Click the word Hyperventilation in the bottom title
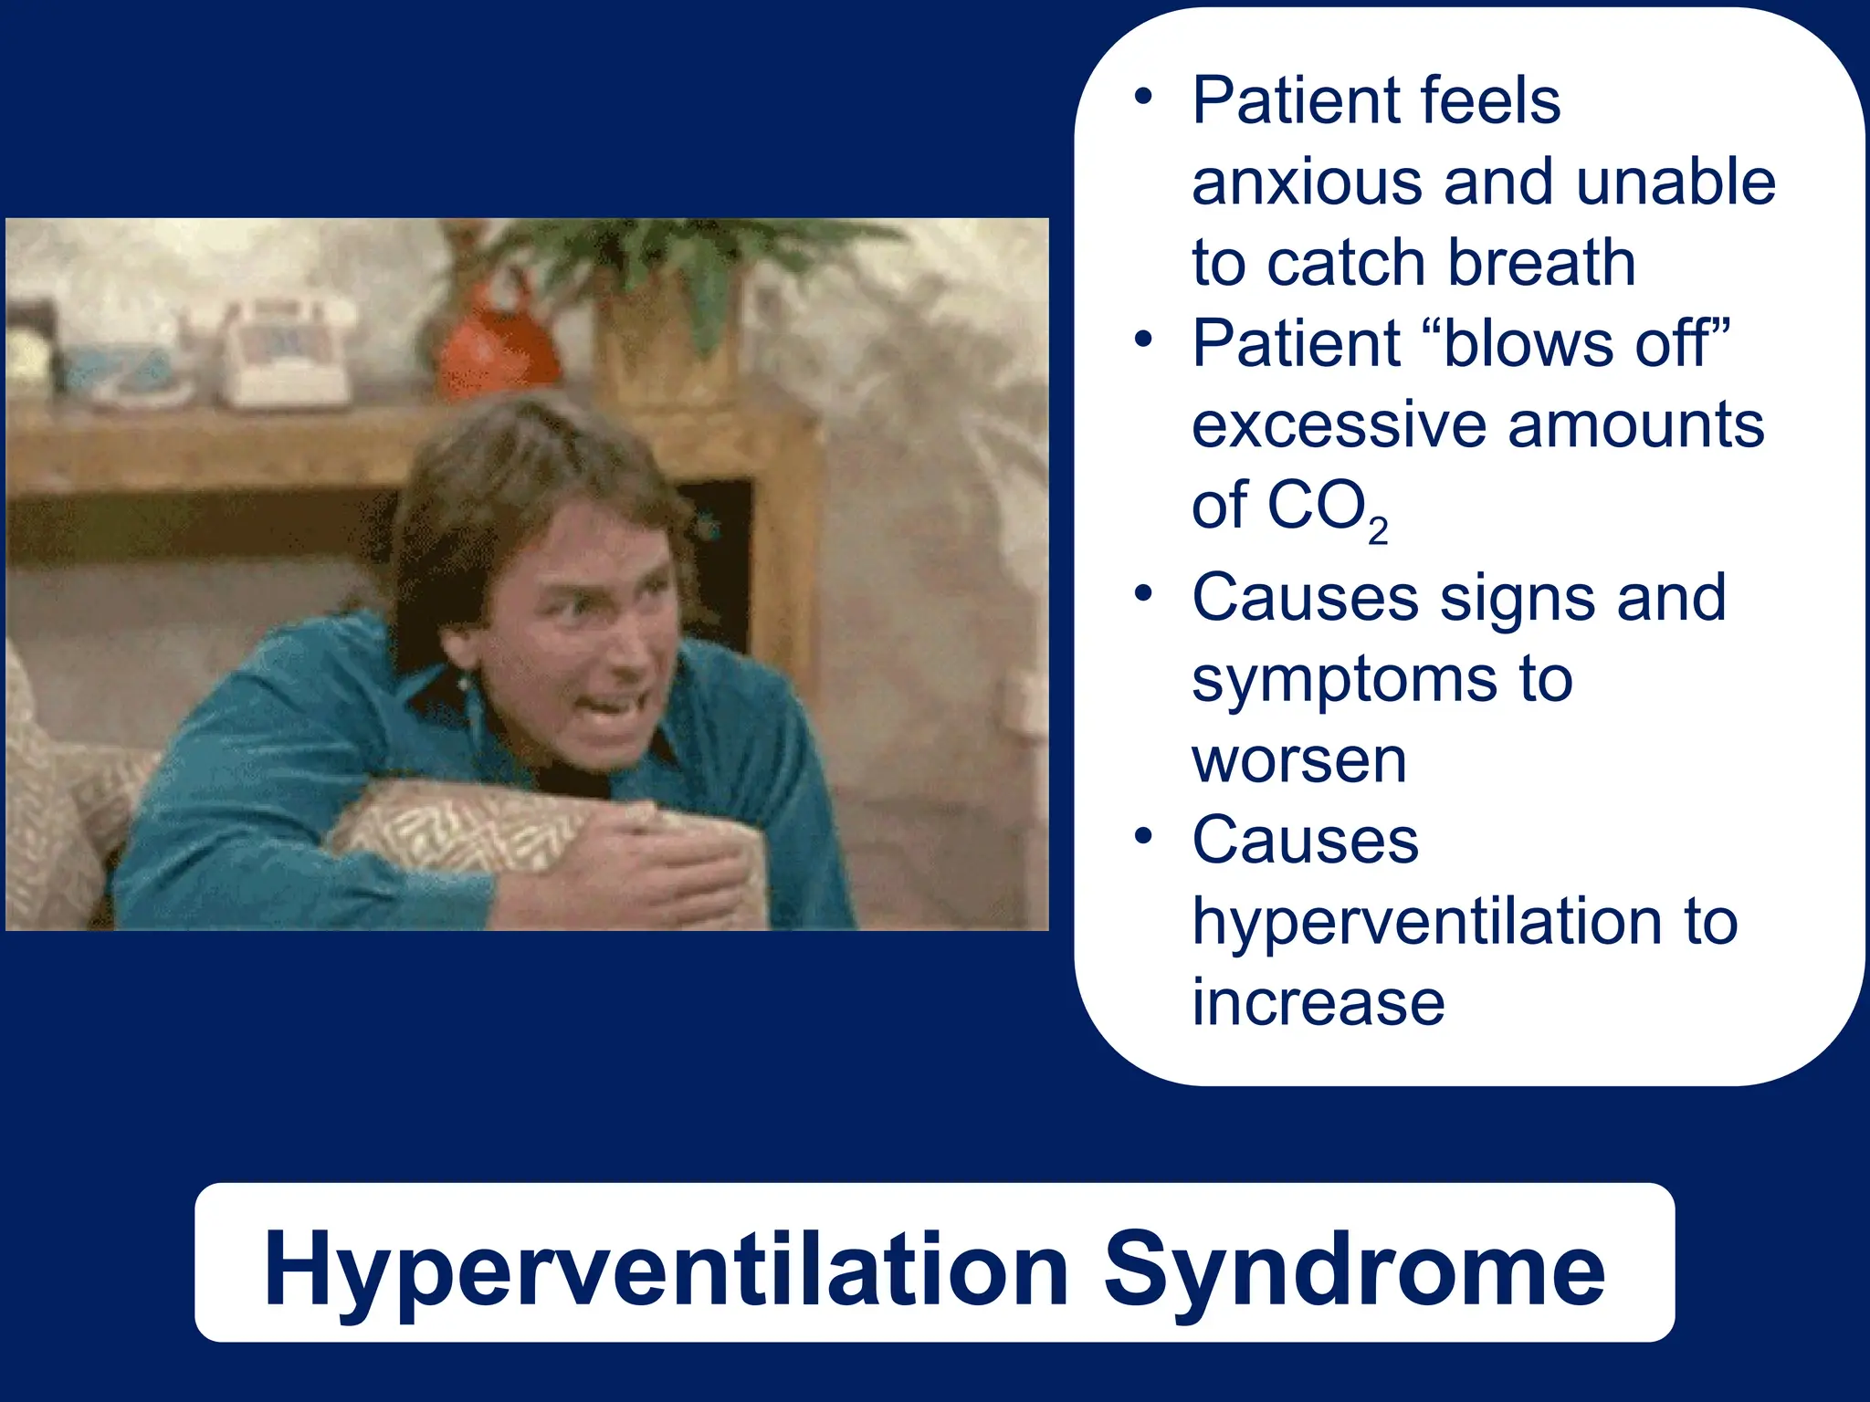pos(667,1271)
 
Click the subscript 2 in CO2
pos(1378,531)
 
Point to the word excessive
pos(1339,425)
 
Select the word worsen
pos(1298,761)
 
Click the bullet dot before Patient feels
pos(1143,97)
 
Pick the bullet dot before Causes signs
pos(1143,594)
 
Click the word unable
pos(1676,183)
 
